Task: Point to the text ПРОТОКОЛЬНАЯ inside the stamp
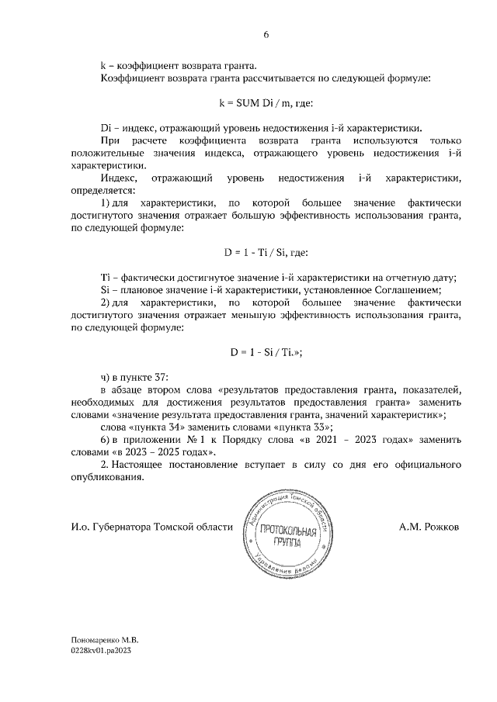[287, 531]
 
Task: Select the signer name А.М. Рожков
[429, 527]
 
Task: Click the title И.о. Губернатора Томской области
[151, 527]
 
